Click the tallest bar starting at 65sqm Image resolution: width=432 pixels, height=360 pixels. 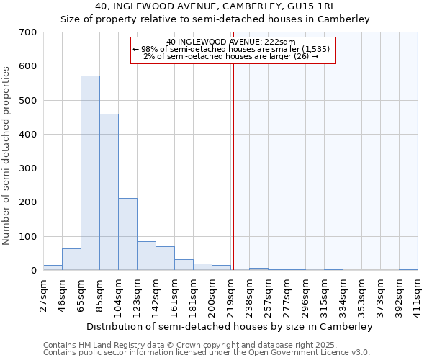[x=90, y=173]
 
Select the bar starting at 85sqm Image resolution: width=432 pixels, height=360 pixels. [x=109, y=192]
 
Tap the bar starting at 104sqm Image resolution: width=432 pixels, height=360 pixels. [x=127, y=234]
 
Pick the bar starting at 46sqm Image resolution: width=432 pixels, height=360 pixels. [x=71, y=259]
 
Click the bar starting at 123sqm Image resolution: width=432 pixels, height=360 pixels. [x=146, y=256]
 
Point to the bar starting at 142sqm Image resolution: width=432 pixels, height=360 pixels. [x=165, y=258]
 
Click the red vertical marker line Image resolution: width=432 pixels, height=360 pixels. [x=233, y=166]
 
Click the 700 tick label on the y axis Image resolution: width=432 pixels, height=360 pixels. [x=28, y=32]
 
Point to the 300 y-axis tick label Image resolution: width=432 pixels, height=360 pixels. [x=28, y=168]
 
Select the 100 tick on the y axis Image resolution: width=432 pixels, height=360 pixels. [x=28, y=237]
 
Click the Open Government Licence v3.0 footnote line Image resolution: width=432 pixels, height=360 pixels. [x=207, y=353]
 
